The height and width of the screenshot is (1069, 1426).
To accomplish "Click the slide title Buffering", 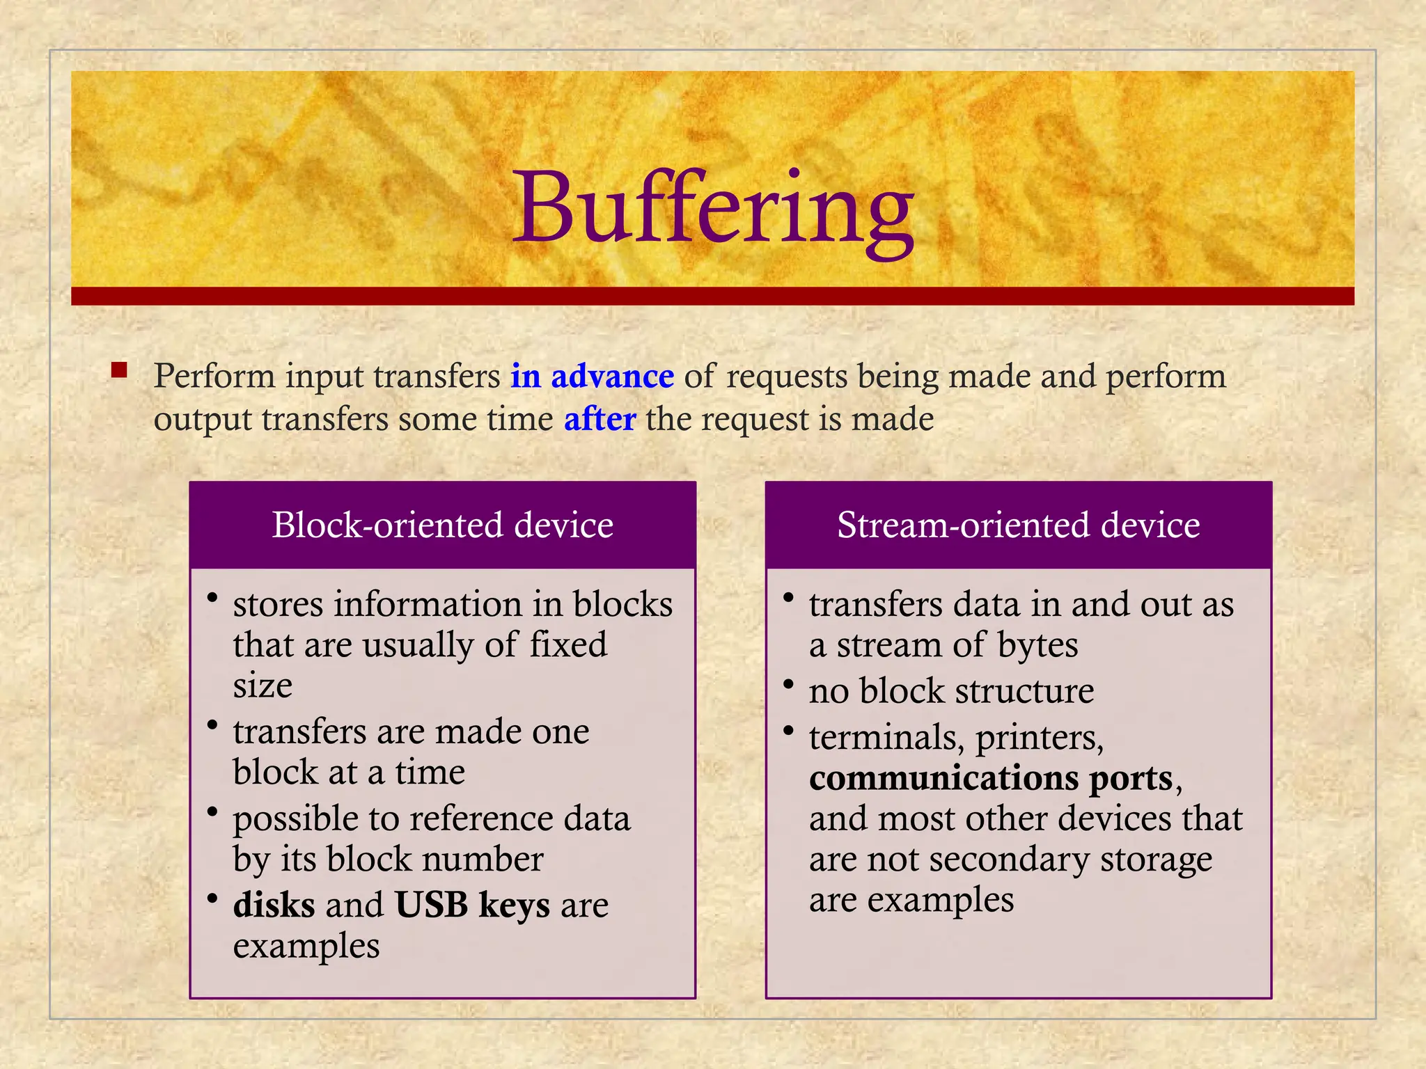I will point(713,209).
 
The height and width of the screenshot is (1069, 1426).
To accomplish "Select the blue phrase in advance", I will point(592,377).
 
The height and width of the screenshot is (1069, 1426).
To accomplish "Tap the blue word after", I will point(600,420).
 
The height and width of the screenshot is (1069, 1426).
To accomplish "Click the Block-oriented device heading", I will point(443,525).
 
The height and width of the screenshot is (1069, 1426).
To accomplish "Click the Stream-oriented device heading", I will point(1018,525).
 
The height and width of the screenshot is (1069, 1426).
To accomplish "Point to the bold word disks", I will point(274,905).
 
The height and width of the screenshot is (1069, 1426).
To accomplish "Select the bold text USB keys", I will point(472,905).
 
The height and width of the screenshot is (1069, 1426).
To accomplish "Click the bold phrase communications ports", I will point(992,778).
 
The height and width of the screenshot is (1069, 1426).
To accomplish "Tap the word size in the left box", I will point(263,686).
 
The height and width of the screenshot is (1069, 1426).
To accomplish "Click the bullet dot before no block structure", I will point(788,685).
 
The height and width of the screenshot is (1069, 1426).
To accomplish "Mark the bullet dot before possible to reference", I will point(212,812).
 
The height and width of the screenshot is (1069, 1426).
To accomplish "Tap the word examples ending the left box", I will point(306,947).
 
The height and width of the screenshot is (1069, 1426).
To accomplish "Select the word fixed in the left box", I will point(568,644).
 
